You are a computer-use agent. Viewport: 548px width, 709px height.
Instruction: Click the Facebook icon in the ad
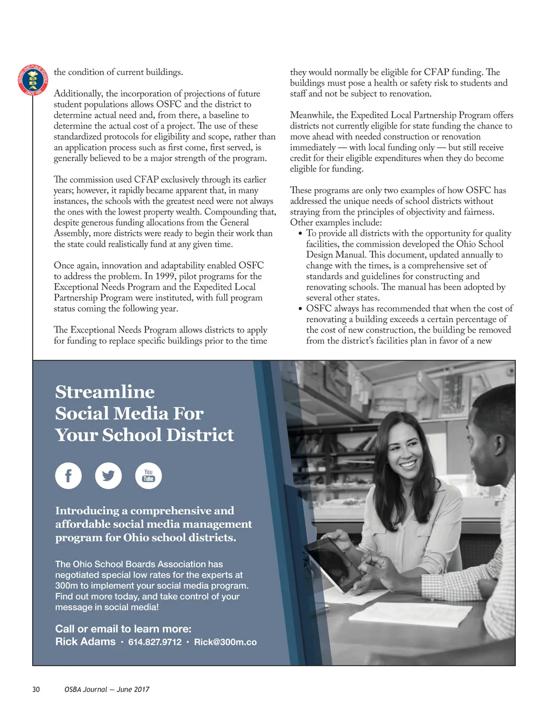[x=68, y=476]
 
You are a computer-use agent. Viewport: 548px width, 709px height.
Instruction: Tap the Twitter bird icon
[x=109, y=476]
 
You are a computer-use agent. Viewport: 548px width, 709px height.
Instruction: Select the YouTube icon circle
[x=148, y=476]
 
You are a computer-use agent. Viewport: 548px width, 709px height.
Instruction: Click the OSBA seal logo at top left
[x=33, y=80]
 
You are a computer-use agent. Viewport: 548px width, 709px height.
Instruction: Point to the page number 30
[x=36, y=689]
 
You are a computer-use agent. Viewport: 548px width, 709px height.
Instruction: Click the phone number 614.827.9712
[x=155, y=642]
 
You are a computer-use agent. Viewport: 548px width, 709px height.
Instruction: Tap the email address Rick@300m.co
[x=225, y=642]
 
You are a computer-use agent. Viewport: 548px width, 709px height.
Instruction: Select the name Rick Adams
[x=85, y=642]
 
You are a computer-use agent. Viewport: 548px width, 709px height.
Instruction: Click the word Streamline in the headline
[x=105, y=392]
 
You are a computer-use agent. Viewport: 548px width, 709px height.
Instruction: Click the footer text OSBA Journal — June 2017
[x=106, y=689]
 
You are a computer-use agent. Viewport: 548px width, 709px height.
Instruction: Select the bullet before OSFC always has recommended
[x=300, y=309]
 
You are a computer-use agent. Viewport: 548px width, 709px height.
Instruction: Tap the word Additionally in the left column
[x=78, y=94]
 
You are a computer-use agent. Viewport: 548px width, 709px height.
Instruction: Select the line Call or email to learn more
[x=123, y=629]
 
